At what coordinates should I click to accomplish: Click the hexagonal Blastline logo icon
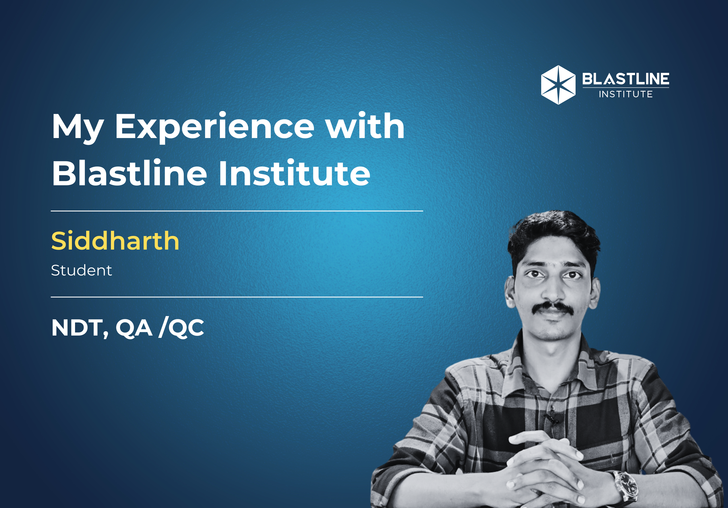558,85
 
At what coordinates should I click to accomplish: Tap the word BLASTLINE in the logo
626,79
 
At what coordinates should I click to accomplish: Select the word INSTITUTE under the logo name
626,94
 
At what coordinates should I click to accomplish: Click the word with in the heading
365,126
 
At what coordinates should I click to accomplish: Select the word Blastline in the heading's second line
129,173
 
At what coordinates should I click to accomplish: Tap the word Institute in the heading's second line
295,173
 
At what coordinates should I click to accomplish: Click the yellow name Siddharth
115,240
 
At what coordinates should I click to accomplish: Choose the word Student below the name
82,270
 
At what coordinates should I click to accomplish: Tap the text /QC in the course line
181,328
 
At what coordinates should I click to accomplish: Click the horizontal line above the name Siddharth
237,211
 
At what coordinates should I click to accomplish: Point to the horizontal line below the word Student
237,297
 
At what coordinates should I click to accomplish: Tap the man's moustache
553,307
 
